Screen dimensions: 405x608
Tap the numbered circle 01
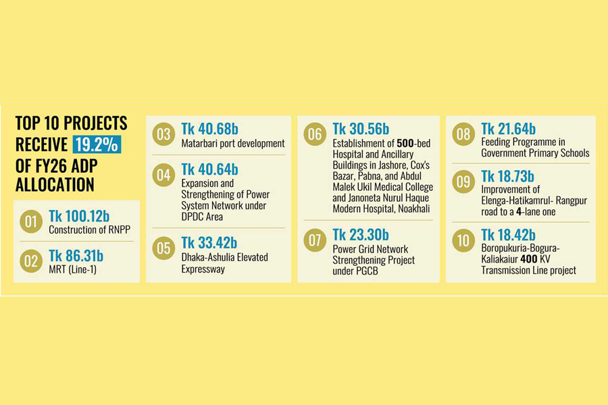31,221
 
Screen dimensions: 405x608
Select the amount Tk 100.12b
80,216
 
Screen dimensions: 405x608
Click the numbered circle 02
31,261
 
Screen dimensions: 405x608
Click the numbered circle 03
164,134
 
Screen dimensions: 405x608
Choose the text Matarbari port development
233,143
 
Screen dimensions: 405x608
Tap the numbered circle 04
164,176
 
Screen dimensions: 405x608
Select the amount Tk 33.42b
209,244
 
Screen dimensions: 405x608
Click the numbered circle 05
164,249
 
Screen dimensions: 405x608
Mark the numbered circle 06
315,134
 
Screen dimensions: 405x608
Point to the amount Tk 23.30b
361,235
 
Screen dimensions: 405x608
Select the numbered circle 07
315,241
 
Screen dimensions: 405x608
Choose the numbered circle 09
463,182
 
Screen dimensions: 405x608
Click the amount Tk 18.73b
508,176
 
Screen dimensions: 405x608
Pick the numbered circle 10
463,240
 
